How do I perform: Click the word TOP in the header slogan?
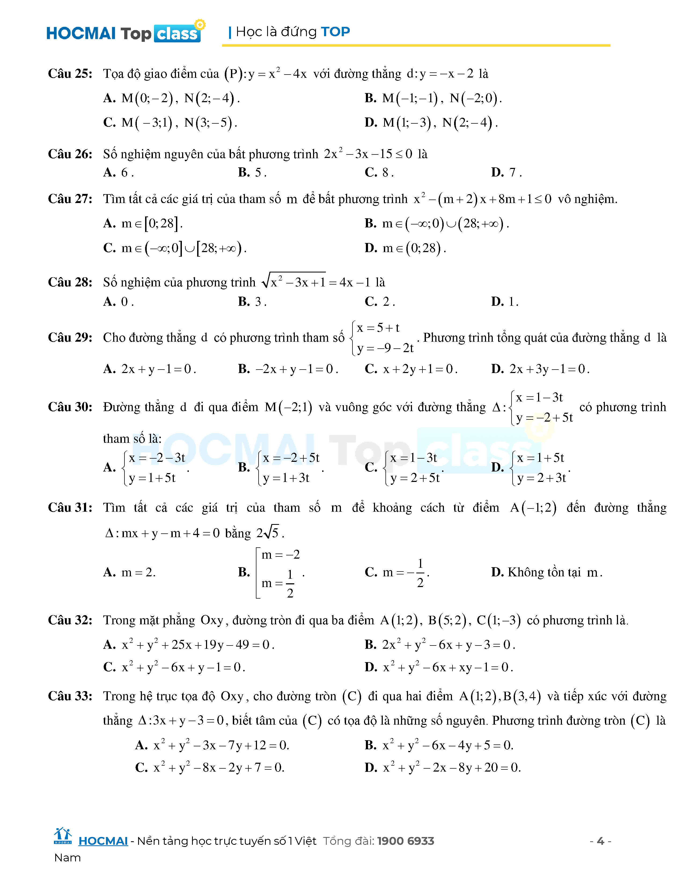[x=335, y=32]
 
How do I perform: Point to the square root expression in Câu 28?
[x=294, y=281]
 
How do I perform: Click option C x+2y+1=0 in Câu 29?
[x=411, y=369]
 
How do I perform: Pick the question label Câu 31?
[x=70, y=507]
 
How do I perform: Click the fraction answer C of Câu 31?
[x=397, y=573]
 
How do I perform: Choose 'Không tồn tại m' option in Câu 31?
[x=547, y=572]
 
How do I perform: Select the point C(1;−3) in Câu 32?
[x=498, y=620]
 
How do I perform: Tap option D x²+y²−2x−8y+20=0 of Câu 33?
[x=443, y=768]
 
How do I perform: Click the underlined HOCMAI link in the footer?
[x=103, y=841]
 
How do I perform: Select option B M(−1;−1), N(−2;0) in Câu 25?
[x=433, y=98]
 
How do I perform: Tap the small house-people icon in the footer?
[x=62, y=836]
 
